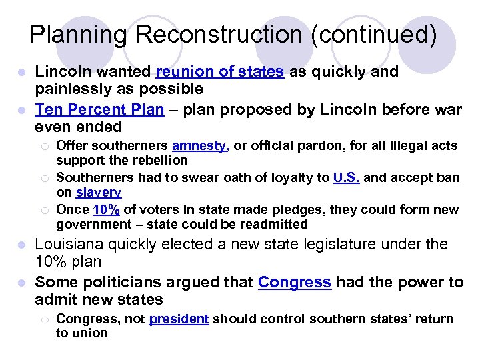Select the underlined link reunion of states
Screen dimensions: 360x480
click(219, 72)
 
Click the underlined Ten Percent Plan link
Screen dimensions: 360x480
click(99, 109)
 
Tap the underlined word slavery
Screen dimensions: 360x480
click(98, 193)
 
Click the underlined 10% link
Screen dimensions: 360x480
click(107, 209)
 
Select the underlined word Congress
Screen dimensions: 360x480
click(294, 282)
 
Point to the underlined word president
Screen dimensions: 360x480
click(179, 319)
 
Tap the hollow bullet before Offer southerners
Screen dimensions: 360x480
click(43, 146)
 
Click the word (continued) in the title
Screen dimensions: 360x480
click(373, 35)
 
